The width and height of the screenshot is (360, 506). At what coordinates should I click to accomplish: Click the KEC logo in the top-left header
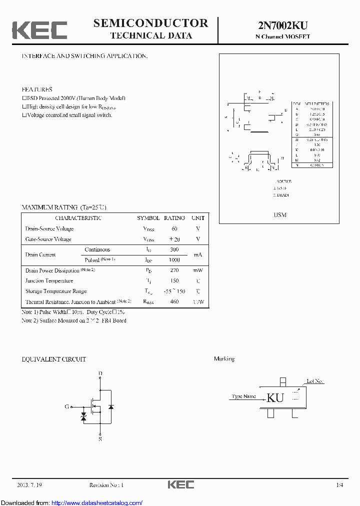coord(39,30)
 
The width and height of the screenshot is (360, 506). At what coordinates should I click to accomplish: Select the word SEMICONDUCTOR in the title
coord(150,23)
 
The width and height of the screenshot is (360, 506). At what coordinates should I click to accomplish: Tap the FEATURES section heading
coord(37,89)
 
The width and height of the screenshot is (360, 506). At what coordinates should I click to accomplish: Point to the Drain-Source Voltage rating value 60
coord(174,228)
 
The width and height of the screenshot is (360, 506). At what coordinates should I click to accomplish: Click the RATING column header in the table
coord(174,218)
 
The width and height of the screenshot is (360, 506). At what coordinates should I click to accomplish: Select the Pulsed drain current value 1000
coord(174,260)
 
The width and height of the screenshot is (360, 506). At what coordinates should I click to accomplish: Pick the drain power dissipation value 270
coord(174,270)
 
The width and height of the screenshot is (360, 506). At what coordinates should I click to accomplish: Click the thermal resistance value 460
coord(174,302)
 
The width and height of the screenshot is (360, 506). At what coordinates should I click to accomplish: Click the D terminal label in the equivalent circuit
coord(100,373)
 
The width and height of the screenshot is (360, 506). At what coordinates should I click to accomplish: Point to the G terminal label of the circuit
coord(66,406)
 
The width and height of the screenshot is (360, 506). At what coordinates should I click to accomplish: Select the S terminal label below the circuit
coord(100,439)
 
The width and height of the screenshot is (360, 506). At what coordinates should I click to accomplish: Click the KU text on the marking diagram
coord(275,397)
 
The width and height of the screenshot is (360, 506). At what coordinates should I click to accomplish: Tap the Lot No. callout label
coord(315,381)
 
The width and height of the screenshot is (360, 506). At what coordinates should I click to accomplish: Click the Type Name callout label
coord(244,396)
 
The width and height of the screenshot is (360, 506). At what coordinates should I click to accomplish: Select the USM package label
coord(280,214)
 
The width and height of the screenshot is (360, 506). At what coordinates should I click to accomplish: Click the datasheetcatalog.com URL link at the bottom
coord(97,502)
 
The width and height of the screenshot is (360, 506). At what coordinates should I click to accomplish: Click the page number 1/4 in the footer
coord(339,485)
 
